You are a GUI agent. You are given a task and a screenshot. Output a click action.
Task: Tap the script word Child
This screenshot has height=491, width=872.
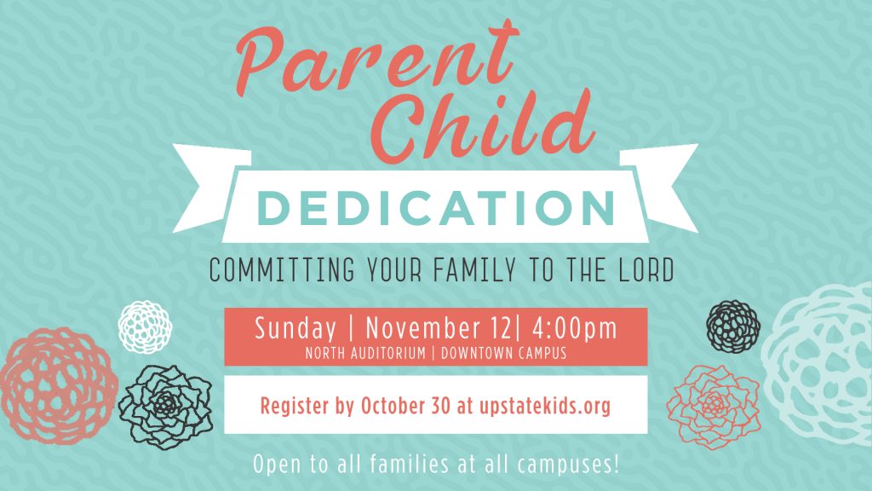click(483, 125)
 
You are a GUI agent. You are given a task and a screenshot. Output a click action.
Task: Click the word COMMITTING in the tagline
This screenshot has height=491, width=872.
click(282, 269)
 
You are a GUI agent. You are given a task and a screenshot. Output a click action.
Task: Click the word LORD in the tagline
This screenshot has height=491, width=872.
click(647, 269)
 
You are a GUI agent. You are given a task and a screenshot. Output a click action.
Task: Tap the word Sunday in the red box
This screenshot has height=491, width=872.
click(295, 328)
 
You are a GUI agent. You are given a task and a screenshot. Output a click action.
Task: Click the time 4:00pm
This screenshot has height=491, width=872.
click(575, 328)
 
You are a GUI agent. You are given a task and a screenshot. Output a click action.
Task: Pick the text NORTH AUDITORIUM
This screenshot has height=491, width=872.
click(365, 353)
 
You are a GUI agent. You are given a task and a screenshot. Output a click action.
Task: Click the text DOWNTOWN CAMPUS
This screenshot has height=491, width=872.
click(504, 353)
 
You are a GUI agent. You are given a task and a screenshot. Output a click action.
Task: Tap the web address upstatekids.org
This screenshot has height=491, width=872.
click(544, 406)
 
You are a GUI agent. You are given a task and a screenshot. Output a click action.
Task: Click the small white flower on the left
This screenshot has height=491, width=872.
click(145, 326)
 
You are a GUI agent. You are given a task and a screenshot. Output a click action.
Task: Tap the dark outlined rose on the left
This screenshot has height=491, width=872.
click(166, 407)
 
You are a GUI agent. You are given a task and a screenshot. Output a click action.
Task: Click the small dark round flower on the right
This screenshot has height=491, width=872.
click(733, 326)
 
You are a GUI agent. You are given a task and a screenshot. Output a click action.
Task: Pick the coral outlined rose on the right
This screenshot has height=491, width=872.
click(714, 407)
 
